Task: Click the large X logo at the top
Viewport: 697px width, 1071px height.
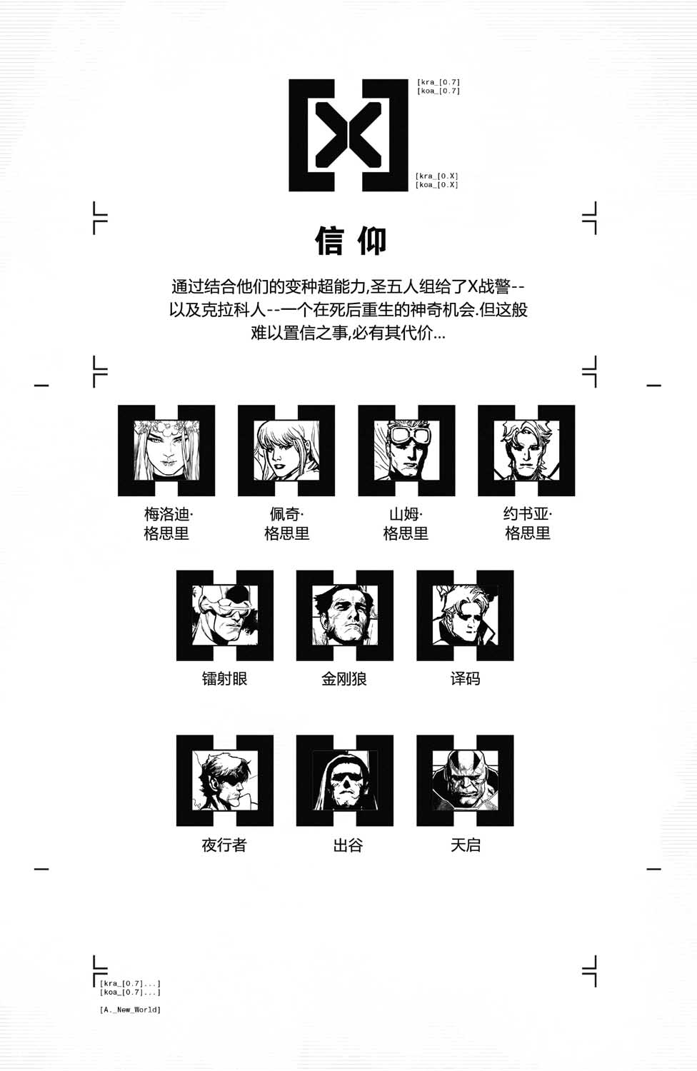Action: [x=348, y=136]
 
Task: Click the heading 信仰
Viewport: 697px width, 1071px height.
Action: [x=351, y=241]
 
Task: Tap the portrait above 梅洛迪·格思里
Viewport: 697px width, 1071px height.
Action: [x=166, y=451]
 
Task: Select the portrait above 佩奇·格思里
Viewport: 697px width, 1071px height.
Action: [x=286, y=451]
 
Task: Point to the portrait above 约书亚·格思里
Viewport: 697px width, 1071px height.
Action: [x=526, y=451]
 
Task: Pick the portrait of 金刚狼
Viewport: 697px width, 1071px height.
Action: [x=345, y=615]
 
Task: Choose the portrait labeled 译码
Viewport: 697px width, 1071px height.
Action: [x=465, y=615]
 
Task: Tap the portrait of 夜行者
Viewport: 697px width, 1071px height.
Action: [x=225, y=780]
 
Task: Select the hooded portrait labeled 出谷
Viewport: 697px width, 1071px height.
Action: [x=345, y=780]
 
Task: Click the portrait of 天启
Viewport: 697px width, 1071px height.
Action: [x=465, y=780]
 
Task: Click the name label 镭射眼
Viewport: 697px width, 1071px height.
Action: [x=224, y=678]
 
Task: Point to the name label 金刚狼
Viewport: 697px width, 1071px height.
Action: [x=344, y=678]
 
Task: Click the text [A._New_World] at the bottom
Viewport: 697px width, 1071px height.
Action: [x=130, y=1010]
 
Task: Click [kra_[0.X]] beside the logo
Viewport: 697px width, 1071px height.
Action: [x=437, y=176]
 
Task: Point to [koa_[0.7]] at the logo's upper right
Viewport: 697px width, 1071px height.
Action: [x=438, y=91]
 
